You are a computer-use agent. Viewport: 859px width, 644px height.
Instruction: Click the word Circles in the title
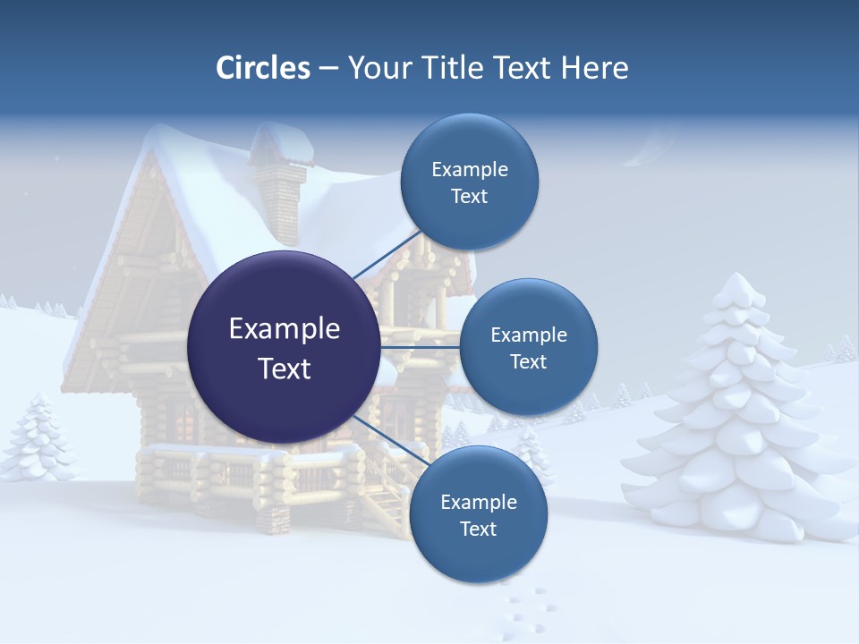pos(262,68)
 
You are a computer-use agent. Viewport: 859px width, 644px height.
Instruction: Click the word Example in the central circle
pos(284,329)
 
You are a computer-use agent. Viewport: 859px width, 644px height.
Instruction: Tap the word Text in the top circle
pos(469,197)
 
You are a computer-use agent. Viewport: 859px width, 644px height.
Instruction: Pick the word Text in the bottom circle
pos(478,530)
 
